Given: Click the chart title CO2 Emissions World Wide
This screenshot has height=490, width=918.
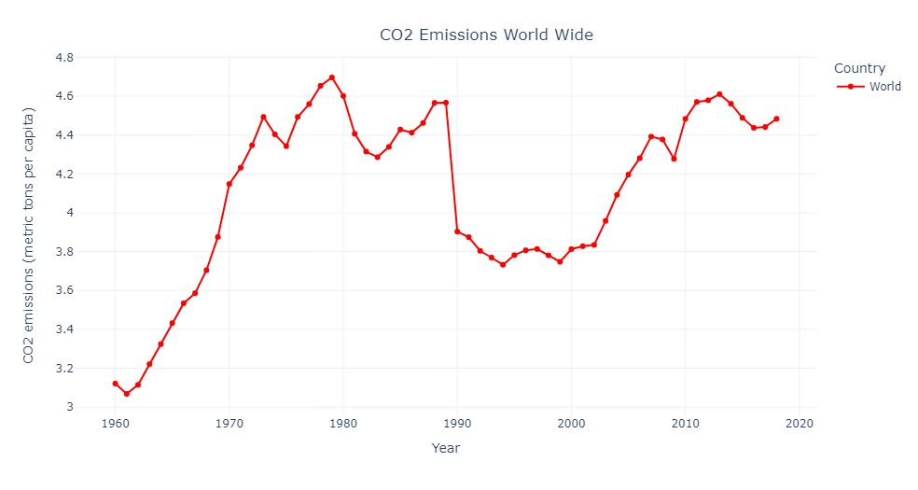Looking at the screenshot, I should (486, 35).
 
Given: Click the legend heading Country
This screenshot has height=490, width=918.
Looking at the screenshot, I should (859, 68).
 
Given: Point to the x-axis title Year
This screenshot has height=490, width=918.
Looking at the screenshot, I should (445, 448).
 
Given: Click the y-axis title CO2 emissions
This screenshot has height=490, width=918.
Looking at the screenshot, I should (29, 234).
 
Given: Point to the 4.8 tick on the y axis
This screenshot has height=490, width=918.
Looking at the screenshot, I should (64, 58).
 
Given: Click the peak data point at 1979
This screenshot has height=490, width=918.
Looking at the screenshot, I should (331, 77).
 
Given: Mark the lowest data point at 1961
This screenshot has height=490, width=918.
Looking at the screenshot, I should (126, 394).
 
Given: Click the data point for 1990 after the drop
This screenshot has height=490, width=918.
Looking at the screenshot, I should (457, 231).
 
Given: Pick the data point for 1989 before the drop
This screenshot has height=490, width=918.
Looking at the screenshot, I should (446, 103).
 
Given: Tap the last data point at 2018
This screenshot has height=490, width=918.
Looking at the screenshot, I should (776, 119).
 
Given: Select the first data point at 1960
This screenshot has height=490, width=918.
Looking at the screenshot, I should (115, 384).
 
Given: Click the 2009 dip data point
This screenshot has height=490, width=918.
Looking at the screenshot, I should (674, 159).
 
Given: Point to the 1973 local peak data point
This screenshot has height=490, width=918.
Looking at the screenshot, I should (263, 117).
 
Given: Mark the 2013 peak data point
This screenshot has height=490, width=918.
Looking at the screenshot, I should (719, 94).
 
